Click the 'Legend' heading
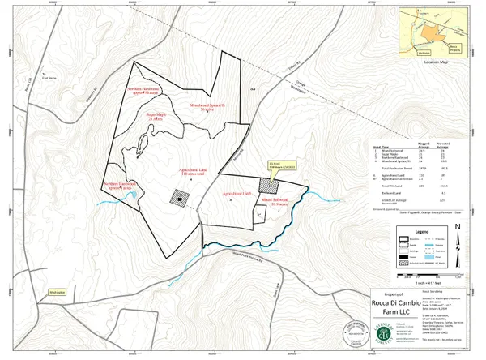click(421, 231)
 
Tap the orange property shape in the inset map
click(425, 33)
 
